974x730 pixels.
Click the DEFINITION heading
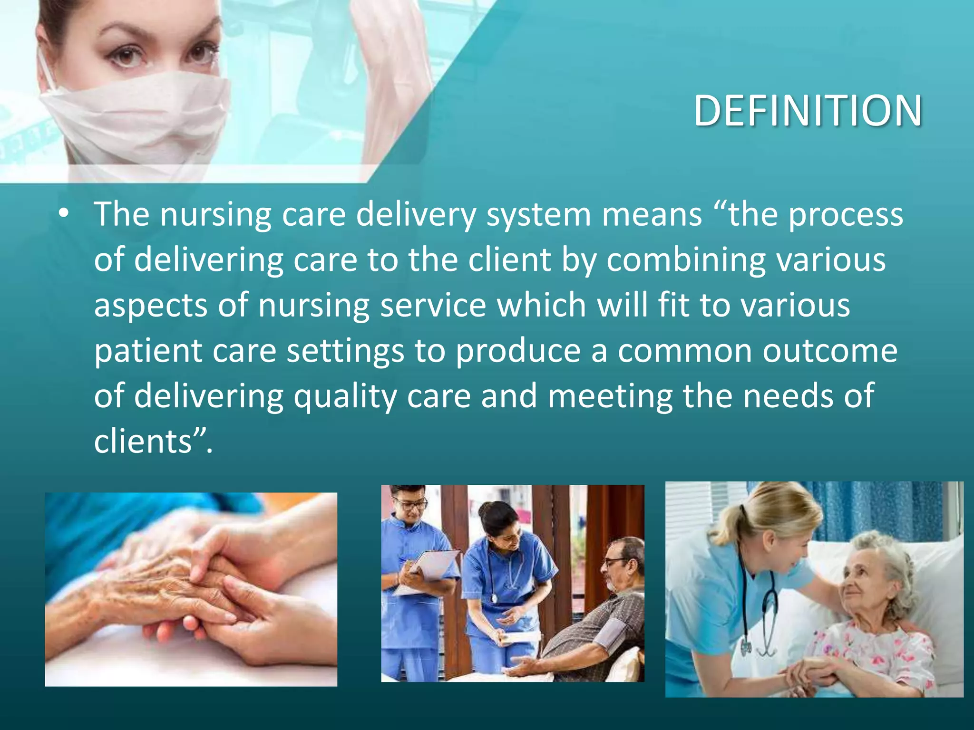808,111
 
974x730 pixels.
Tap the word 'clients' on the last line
143,442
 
